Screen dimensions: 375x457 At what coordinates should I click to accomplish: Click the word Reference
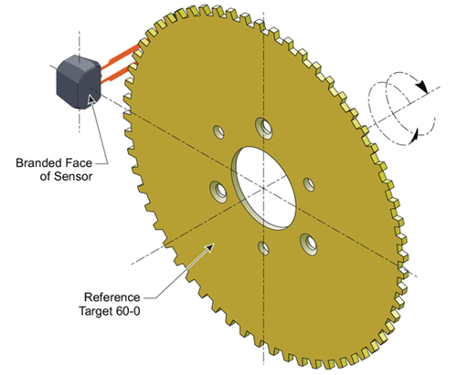tap(112, 297)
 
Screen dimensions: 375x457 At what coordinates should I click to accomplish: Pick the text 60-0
tap(133, 310)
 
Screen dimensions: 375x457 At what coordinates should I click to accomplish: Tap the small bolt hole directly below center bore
tap(264, 248)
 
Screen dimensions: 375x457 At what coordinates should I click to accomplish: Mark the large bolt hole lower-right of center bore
tap(309, 242)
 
